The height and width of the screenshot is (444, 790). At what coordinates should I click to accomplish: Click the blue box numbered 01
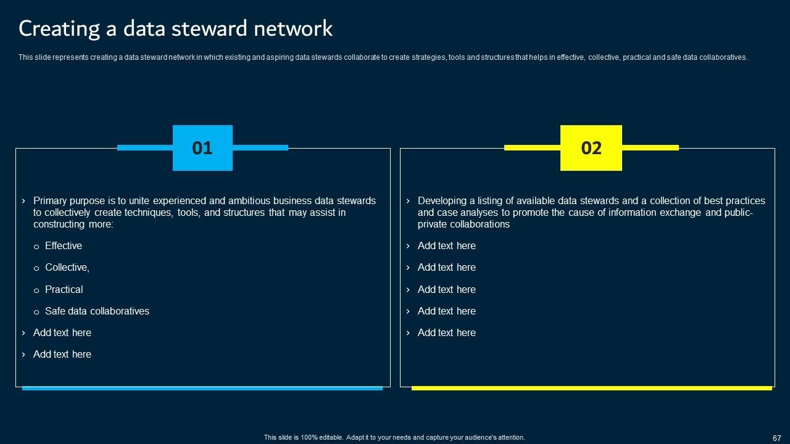pyautogui.click(x=202, y=148)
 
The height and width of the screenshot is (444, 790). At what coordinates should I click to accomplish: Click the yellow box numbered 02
pyautogui.click(x=591, y=148)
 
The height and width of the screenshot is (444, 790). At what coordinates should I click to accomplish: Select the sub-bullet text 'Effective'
pyautogui.click(x=64, y=246)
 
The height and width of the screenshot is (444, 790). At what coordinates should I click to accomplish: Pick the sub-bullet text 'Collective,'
pyautogui.click(x=67, y=268)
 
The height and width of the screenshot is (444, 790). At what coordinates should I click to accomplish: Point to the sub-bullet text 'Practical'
pyautogui.click(x=64, y=290)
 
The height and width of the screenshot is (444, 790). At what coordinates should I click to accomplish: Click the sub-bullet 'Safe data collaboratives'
pyautogui.click(x=97, y=311)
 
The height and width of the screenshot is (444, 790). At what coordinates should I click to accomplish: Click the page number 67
pyautogui.click(x=776, y=438)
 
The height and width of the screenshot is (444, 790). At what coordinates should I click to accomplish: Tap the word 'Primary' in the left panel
pyautogui.click(x=51, y=201)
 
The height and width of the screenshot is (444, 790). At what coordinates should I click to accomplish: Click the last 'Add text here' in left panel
pyautogui.click(x=62, y=355)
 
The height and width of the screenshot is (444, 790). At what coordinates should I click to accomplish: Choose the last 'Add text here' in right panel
pyautogui.click(x=447, y=333)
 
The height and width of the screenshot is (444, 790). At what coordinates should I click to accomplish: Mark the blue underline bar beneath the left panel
pyautogui.click(x=202, y=388)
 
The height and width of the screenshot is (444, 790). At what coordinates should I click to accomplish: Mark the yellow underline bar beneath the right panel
pyautogui.click(x=591, y=388)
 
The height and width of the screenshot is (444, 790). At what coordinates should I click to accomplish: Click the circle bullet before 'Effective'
pyautogui.click(x=36, y=247)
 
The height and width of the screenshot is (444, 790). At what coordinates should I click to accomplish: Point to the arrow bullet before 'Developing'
pyautogui.click(x=408, y=201)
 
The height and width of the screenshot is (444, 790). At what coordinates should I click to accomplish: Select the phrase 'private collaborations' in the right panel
pyautogui.click(x=464, y=224)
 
